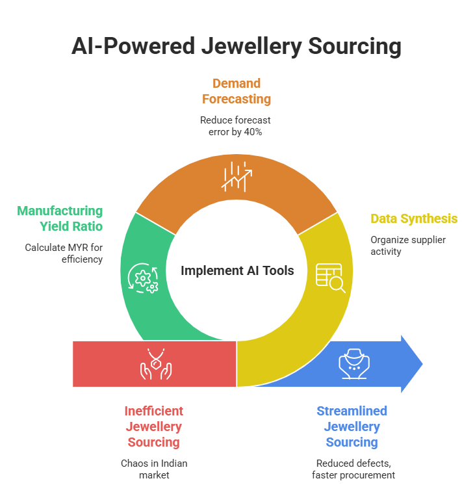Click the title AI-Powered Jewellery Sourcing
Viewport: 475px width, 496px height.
point(237,47)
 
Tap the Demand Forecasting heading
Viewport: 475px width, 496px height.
point(236,91)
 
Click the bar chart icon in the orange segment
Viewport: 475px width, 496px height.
point(237,176)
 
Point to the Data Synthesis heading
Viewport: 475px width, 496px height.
point(414,218)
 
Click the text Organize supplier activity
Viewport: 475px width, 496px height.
point(408,246)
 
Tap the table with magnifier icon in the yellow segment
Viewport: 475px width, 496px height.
point(330,276)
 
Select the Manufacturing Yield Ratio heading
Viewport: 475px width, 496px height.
point(60,218)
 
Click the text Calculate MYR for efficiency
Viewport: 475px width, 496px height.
point(64,253)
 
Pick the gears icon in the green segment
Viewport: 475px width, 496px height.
point(143,277)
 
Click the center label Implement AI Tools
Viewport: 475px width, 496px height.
point(237,270)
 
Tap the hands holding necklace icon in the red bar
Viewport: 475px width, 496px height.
point(155,363)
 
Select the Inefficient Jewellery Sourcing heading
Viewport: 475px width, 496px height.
point(154,426)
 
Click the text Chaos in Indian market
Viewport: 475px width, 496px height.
point(154,469)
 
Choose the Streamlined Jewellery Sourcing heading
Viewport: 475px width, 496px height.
point(352,426)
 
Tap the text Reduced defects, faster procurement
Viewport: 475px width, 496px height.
point(352,469)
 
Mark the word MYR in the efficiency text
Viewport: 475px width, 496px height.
point(77,247)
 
